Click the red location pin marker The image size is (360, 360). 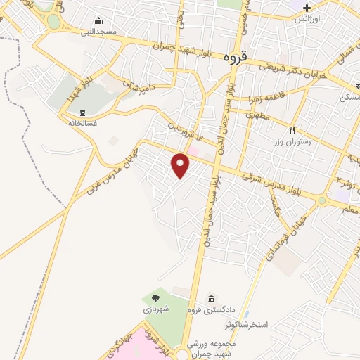click(x=181, y=165)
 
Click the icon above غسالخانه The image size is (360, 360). click(x=83, y=112)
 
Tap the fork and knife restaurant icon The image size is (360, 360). click(x=292, y=131)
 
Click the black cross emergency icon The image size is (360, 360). click(x=307, y=8)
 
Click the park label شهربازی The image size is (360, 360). click(x=154, y=309)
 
